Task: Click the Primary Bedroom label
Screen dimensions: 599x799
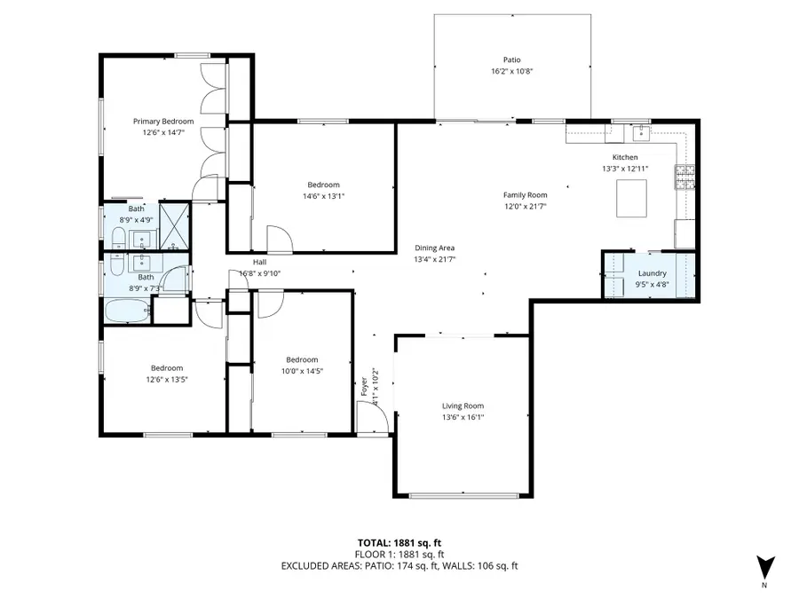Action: tap(163, 122)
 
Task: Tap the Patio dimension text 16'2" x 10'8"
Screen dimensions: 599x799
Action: tap(511, 72)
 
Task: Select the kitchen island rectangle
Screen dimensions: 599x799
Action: tap(631, 198)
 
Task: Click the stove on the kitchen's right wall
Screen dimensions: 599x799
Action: tap(685, 178)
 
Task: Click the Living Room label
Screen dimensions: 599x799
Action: tap(463, 406)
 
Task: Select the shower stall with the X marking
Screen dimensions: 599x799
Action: tap(174, 227)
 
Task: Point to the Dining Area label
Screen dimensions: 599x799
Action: tap(435, 248)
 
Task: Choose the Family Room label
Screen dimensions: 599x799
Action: tap(525, 195)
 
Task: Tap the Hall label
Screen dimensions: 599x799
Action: tap(259, 263)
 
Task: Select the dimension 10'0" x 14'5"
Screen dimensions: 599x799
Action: tap(302, 371)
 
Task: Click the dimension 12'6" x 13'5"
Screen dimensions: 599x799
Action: tap(166, 379)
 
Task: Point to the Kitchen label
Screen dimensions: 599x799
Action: tap(625, 157)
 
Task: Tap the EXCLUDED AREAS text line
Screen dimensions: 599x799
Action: tap(399, 565)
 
